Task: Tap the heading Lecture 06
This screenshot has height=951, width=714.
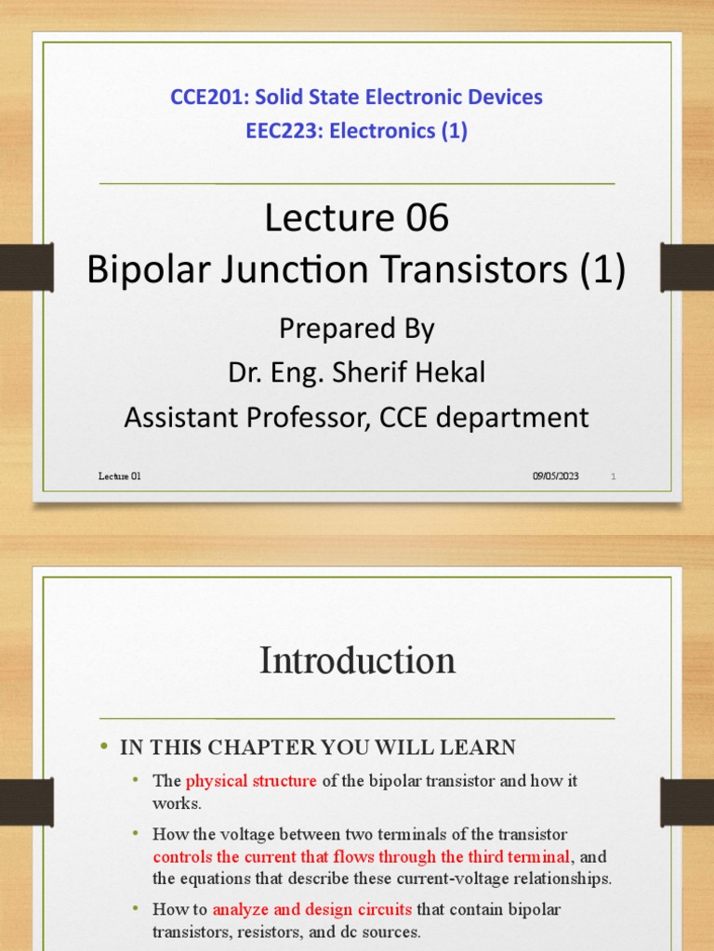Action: point(356,218)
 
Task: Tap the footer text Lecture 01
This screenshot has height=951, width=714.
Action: point(120,476)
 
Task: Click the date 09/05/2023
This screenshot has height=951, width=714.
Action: point(555,476)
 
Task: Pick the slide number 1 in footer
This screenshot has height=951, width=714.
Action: point(614,476)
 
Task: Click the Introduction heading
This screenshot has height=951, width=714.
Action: point(357,660)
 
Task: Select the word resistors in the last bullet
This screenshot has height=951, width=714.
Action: point(253,930)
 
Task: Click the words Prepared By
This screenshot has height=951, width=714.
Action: point(356,328)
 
